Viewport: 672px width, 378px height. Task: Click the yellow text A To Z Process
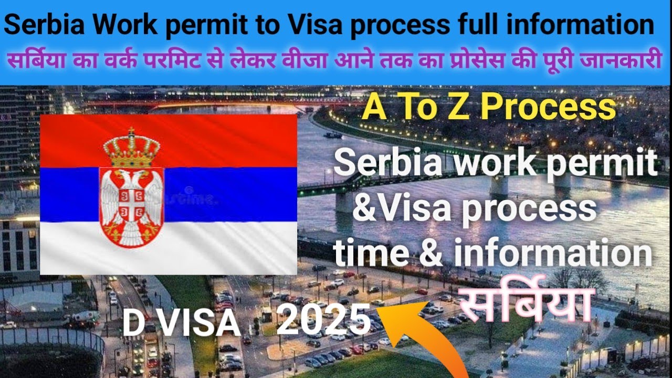click(x=489, y=107)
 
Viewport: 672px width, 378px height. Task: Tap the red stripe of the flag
click(x=220, y=139)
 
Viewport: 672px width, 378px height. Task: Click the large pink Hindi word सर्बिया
click(x=525, y=308)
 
